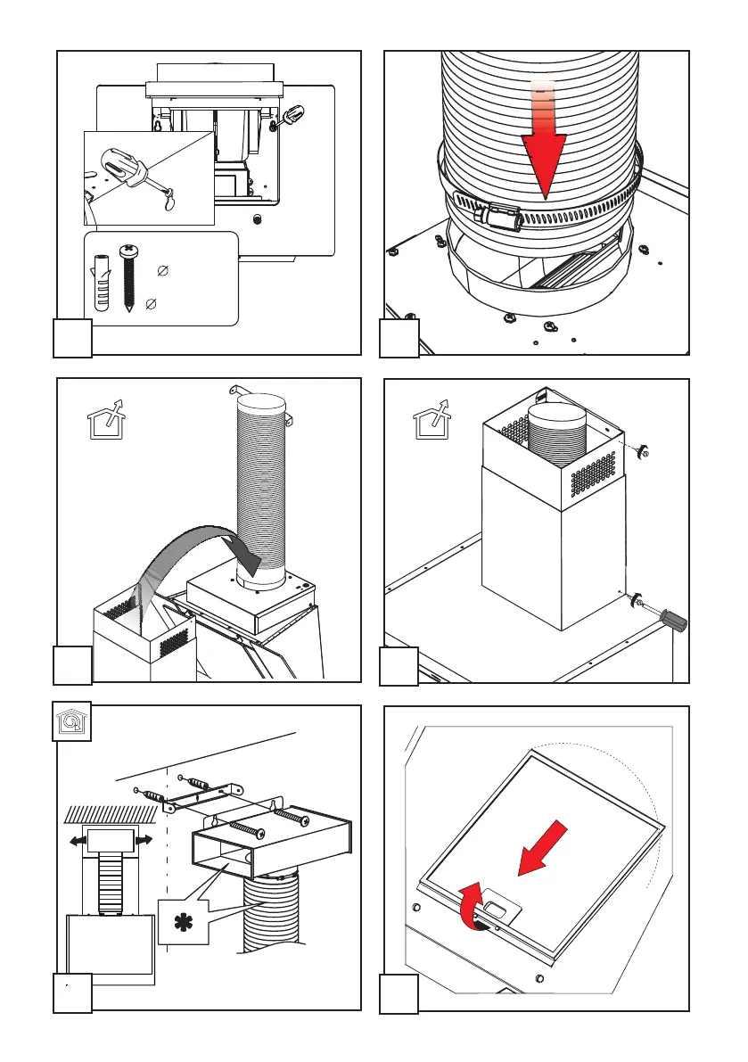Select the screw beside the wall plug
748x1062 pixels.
[x=128, y=276]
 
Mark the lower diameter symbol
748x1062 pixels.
[x=152, y=305]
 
